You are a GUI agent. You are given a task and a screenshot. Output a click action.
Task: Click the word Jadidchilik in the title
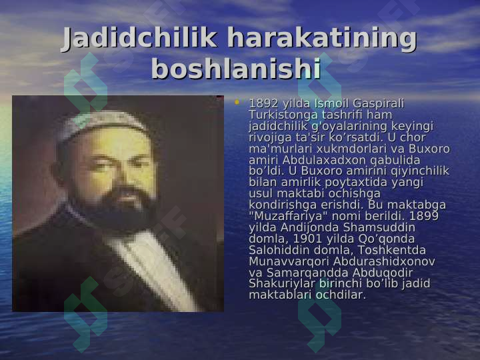pyautogui.click(x=139, y=38)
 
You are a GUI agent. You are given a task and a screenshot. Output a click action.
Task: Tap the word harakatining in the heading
pyautogui.click(x=321, y=39)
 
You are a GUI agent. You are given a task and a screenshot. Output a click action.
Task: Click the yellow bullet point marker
pyautogui.click(x=237, y=102)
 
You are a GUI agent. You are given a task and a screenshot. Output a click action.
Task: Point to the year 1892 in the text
pyautogui.click(x=263, y=104)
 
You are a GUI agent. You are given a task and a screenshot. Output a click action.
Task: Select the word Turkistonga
pyautogui.click(x=283, y=115)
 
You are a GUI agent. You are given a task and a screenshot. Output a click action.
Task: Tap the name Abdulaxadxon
pyautogui.click(x=324, y=160)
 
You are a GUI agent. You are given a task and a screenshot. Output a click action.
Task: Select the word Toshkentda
pyautogui.click(x=392, y=250)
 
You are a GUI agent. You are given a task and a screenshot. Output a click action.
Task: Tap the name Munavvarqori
pyautogui.click(x=289, y=262)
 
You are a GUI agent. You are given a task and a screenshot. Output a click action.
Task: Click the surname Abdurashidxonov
pyautogui.click(x=384, y=261)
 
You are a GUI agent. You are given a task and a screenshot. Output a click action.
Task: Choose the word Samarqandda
pyautogui.click(x=307, y=273)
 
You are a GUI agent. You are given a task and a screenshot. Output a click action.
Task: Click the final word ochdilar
pyautogui.click(x=341, y=295)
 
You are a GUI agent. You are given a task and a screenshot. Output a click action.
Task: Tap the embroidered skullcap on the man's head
pyautogui.click(x=103, y=124)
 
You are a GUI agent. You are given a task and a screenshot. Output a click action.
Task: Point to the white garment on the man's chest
pyautogui.click(x=153, y=269)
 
